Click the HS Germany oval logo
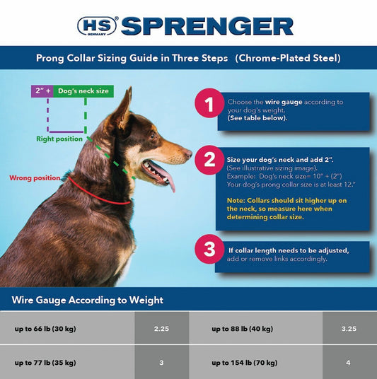click(x=97, y=26)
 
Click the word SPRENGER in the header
click(x=207, y=26)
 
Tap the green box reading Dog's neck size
click(x=82, y=91)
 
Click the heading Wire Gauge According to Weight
click(x=87, y=300)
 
